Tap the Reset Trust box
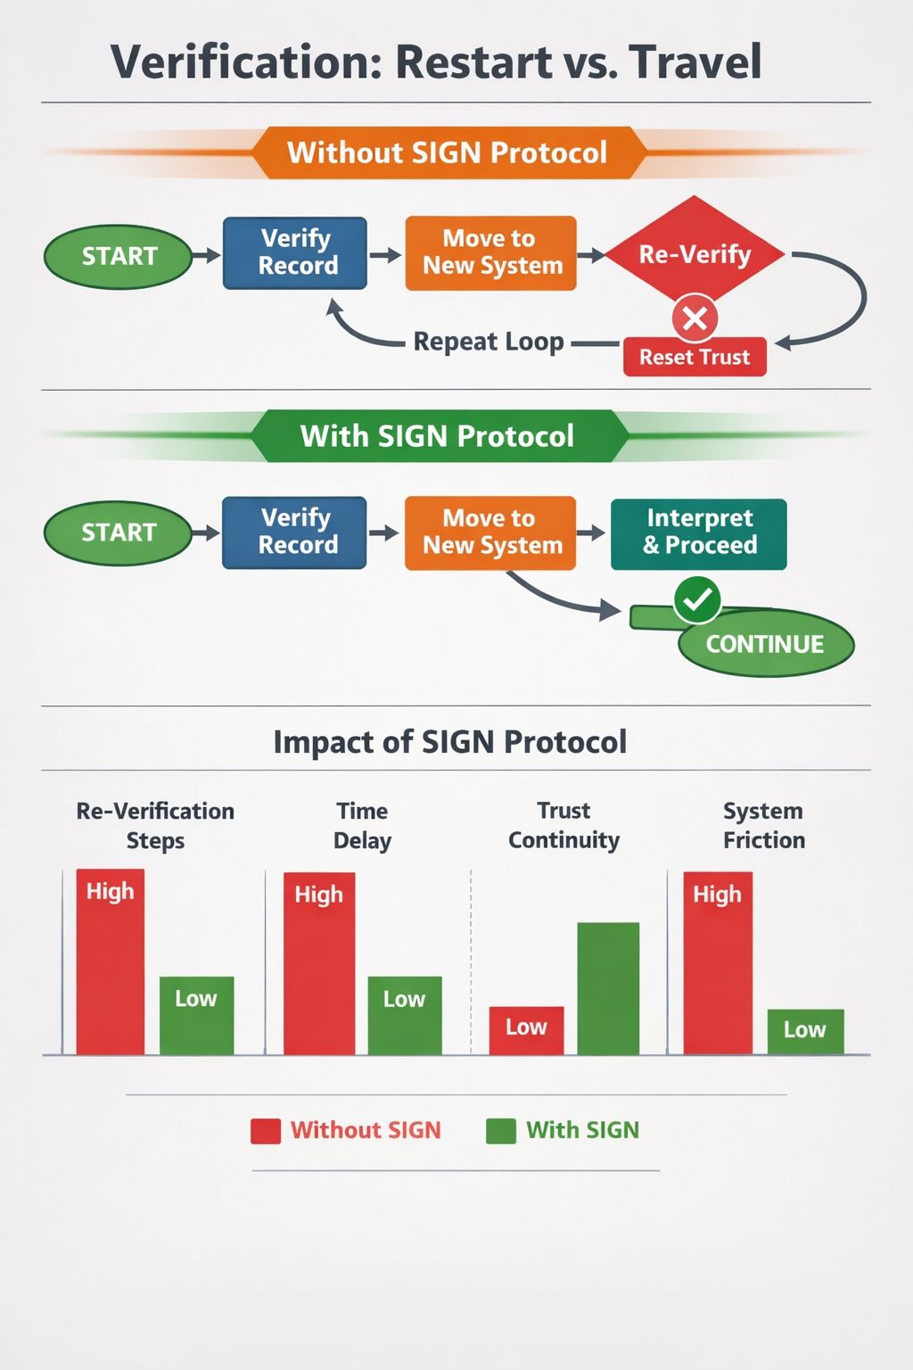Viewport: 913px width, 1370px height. click(695, 357)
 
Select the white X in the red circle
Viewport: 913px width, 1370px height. click(695, 318)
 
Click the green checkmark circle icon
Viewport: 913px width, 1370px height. click(697, 599)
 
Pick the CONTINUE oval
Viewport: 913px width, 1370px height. click(765, 644)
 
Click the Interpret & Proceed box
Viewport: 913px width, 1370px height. click(699, 533)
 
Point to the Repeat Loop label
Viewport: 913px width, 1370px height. click(489, 342)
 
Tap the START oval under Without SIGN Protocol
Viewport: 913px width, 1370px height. click(119, 257)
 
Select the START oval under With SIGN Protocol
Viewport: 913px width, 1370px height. click(119, 532)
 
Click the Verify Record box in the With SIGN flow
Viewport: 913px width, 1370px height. click(295, 532)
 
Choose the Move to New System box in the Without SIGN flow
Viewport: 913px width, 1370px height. click(491, 253)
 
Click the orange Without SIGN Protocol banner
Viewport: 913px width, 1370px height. click(448, 153)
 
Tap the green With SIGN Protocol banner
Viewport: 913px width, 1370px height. click(438, 436)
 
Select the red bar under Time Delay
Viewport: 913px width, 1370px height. click(319, 963)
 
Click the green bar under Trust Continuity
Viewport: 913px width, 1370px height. click(608, 988)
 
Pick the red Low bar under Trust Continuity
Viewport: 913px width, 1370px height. click(526, 1030)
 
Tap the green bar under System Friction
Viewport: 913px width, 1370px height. click(805, 1031)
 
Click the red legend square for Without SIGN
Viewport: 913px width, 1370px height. click(266, 1131)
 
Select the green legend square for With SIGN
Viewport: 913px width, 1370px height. click(500, 1131)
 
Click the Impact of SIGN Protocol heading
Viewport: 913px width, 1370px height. click(450, 742)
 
